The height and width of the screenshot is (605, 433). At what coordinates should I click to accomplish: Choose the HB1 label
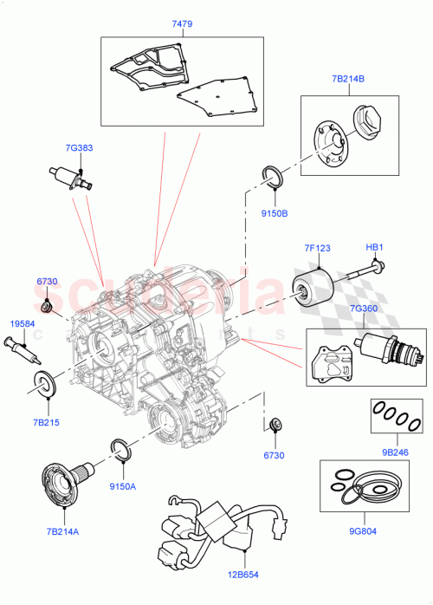pos(374,248)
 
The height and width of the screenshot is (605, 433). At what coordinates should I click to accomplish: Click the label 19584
pos(22,324)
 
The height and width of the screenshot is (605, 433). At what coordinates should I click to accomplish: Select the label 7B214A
pos(61,530)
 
